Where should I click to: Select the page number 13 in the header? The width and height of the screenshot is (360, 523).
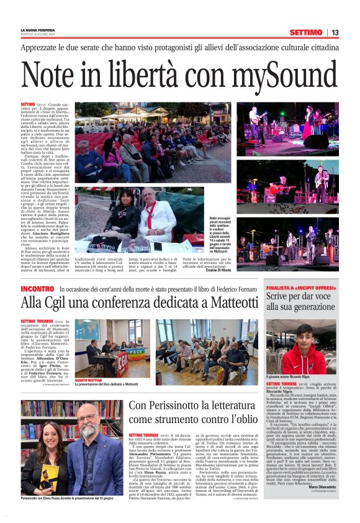pyautogui.click(x=335, y=32)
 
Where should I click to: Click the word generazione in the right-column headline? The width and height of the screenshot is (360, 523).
pyautogui.click(x=312, y=307)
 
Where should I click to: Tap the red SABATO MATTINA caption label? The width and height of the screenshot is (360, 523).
pyautogui.click(x=89, y=379)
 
